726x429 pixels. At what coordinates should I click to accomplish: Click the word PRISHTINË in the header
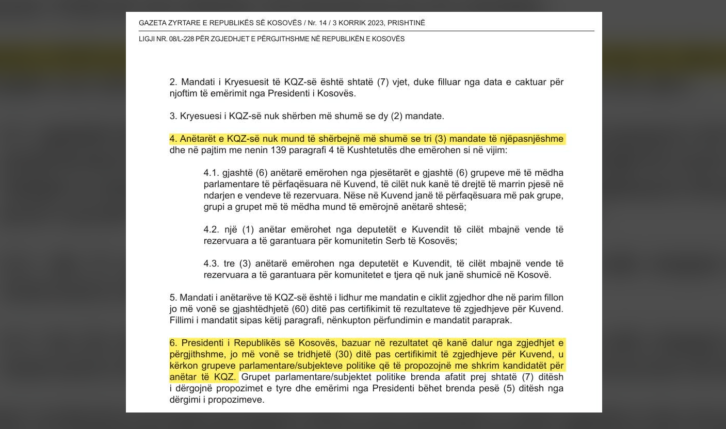[x=406, y=23]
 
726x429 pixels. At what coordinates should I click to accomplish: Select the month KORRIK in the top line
[x=351, y=23]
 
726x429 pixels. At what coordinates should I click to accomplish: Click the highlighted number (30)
[x=346, y=355]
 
